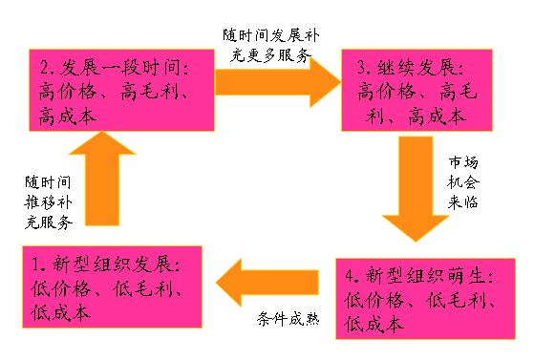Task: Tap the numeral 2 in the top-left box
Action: (x=46, y=70)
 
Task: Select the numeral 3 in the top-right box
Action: (x=363, y=70)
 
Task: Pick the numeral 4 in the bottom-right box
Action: (x=352, y=277)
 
